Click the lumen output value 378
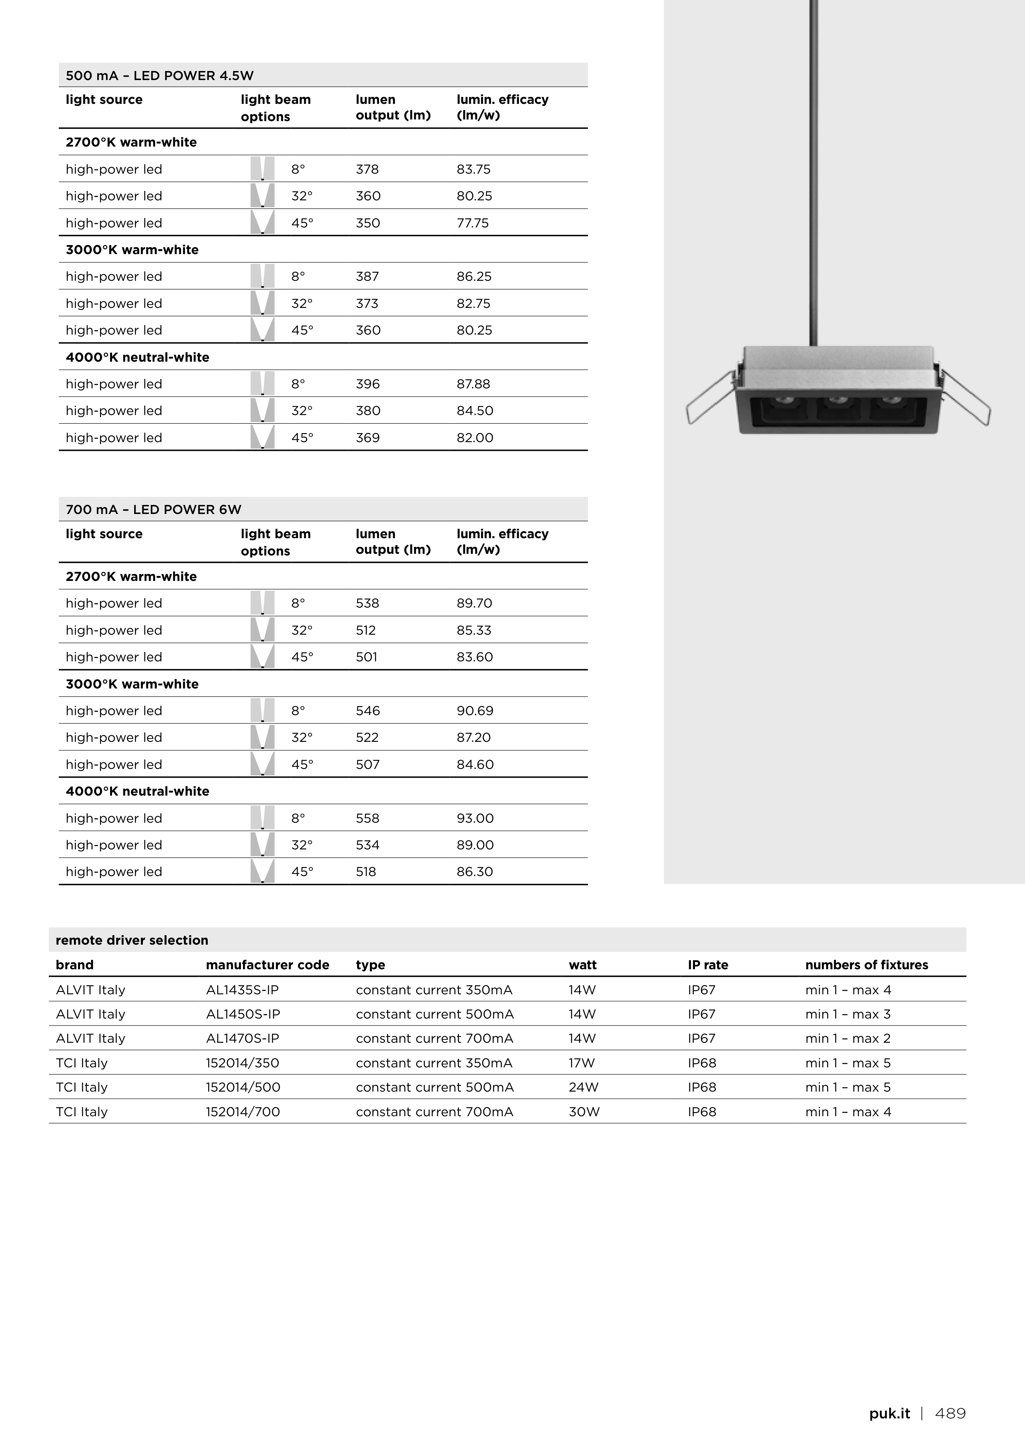[367, 169]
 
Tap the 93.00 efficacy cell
[475, 819]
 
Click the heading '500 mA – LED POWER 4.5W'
[160, 76]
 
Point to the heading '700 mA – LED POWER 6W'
[154, 509]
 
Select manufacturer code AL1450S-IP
[243, 1014]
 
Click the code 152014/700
[243, 1112]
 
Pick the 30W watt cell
[584, 1112]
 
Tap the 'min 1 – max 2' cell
[848, 1038]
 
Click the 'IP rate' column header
[707, 965]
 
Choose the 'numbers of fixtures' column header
[867, 965]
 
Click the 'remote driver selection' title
[131, 941]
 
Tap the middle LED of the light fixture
[838, 400]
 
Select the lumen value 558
[367, 819]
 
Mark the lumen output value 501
[366, 657]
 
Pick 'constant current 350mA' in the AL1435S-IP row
[434, 990]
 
